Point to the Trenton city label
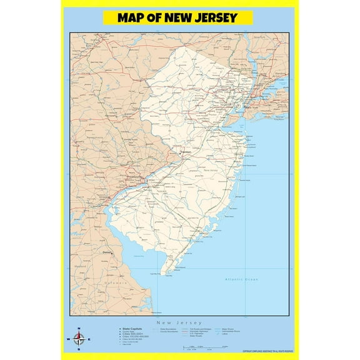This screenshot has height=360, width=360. tap(186, 152)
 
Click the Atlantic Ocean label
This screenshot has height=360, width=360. tap(242, 279)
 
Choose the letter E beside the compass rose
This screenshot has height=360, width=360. tap(89, 339)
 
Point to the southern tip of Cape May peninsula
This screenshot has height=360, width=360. tap(163, 273)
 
